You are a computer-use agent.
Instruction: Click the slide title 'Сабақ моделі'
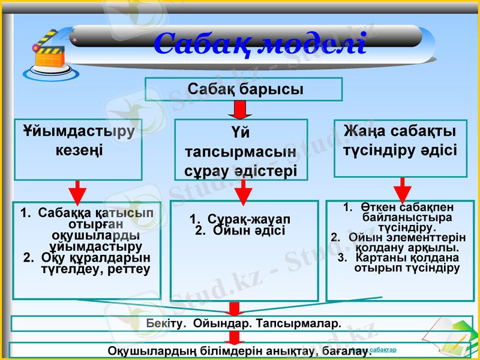(259, 43)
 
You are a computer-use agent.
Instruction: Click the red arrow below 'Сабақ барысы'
(241, 110)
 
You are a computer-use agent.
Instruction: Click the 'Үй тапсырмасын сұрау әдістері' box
(241, 150)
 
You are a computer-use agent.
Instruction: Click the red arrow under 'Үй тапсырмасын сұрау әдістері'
(242, 191)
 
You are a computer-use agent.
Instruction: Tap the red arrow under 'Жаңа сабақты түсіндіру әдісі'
(401, 189)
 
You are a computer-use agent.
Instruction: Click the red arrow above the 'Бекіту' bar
(235, 308)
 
